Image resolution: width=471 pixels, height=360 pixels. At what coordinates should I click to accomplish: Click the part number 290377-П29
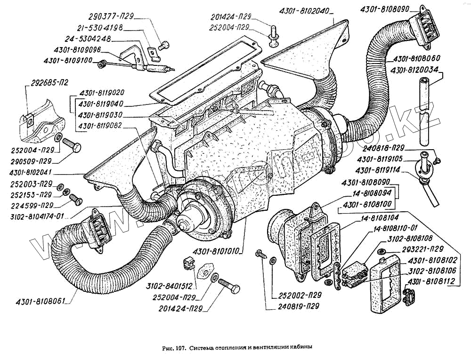[115, 16]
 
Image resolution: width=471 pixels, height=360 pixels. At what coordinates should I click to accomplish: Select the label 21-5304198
[101, 28]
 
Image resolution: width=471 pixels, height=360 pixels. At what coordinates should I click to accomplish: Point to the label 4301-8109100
[69, 61]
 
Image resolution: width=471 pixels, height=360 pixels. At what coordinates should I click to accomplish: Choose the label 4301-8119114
[379, 170]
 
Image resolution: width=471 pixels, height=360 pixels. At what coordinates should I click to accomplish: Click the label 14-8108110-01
[396, 229]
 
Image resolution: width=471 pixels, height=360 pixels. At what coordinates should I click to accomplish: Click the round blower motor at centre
[199, 210]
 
